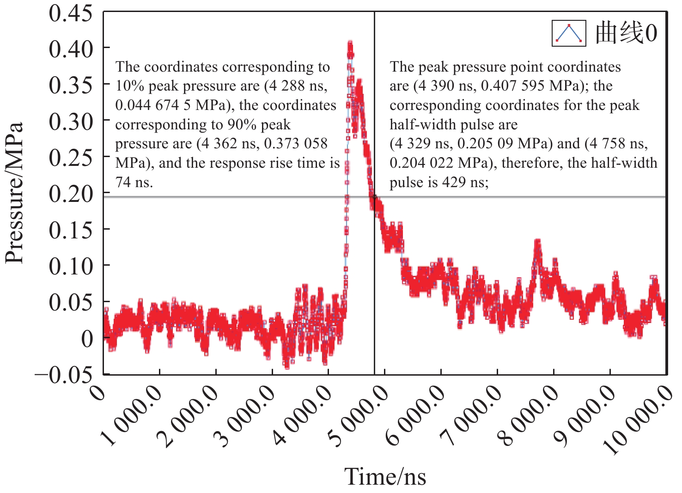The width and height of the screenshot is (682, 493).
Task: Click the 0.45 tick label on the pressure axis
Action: tap(71, 14)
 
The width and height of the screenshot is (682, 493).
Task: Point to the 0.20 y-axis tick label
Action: tap(71, 194)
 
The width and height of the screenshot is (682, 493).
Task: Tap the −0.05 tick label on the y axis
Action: tap(63, 375)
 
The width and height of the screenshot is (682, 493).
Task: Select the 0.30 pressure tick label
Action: tap(71, 122)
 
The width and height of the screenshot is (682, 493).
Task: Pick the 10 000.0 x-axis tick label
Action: tap(637, 420)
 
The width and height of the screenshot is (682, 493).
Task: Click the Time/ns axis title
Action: tap(385, 476)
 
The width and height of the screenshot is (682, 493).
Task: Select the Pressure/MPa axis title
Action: tap(14, 193)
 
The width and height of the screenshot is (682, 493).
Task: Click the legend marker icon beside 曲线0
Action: tap(569, 33)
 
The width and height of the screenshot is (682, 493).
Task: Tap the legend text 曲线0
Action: tap(626, 33)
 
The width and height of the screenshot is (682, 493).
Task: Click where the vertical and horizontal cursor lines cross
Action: tap(374, 197)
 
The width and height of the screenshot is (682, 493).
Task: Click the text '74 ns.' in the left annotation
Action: tap(134, 183)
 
